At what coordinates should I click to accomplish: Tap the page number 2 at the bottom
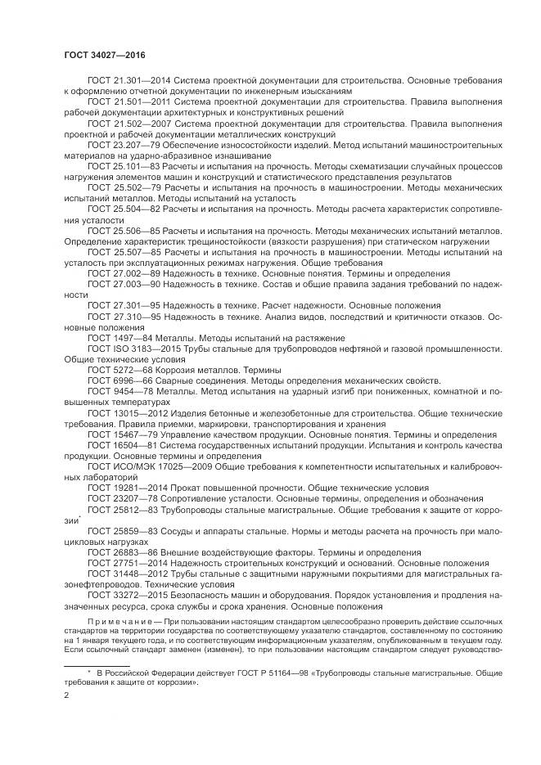point(66,694)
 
